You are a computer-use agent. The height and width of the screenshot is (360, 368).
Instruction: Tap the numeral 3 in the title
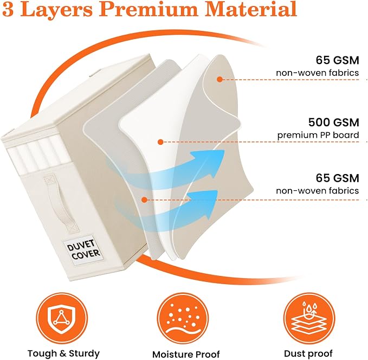8,9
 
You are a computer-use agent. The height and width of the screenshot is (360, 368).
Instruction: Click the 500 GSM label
333,123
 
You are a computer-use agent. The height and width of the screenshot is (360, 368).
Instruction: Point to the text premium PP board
318,135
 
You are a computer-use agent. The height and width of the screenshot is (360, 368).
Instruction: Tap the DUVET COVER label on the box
83,250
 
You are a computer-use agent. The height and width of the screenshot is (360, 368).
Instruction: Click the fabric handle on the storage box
61,203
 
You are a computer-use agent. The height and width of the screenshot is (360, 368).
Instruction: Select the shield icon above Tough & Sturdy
61,318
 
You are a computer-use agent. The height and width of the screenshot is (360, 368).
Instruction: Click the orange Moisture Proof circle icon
183,318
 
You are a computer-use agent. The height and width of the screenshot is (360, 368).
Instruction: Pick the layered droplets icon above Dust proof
308,318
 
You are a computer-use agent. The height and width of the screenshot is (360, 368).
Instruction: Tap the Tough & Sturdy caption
63,353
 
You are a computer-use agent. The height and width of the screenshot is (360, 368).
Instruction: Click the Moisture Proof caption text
186,354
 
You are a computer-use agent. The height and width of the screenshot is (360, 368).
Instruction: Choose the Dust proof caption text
308,353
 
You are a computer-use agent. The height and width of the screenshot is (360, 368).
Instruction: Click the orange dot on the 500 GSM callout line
160,142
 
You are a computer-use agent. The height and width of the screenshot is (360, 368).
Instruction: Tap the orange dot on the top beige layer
219,79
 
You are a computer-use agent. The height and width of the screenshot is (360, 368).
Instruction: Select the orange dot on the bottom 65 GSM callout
145,200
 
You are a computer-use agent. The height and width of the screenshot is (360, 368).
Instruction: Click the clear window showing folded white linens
38,154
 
